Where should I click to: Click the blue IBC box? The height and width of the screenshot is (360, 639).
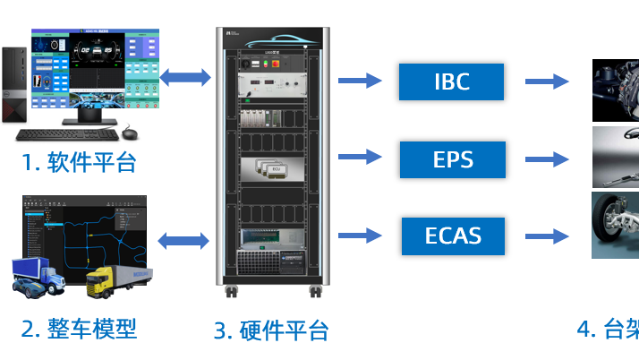pos(451,81)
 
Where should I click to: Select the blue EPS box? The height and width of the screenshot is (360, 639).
pos(451,159)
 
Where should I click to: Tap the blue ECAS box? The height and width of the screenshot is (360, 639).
pos(451,236)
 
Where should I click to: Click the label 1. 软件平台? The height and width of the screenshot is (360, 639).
pos(80,163)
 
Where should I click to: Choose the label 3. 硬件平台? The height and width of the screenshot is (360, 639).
pos(271,330)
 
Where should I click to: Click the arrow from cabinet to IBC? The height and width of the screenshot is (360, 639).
pos(360,81)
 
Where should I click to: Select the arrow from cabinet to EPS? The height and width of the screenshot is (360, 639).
pos(360,159)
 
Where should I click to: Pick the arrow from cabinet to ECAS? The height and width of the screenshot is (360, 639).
pos(360,236)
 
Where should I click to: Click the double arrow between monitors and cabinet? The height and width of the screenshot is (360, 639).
pos(186,78)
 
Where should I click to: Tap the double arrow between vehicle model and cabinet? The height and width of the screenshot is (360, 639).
pos(183,239)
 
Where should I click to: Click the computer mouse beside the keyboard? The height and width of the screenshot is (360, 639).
pos(131,134)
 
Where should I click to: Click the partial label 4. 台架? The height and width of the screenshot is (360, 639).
pos(609,329)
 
